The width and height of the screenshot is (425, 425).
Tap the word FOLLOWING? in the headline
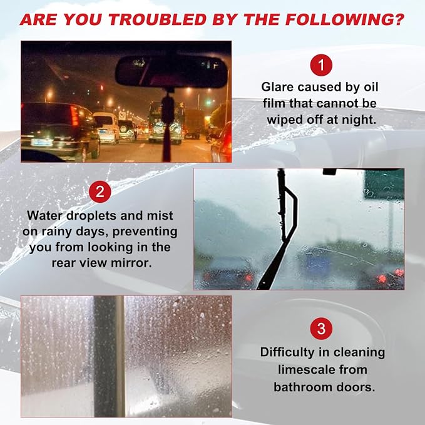[345, 19]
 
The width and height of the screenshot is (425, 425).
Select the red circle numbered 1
[321, 65]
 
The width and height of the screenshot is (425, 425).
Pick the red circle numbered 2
[100, 192]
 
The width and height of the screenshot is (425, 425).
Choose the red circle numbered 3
[321, 329]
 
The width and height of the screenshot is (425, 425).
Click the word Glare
[277, 87]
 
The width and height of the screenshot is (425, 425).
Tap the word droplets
[91, 216]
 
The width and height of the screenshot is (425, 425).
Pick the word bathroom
[303, 387]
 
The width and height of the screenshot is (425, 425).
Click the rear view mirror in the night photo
[171, 72]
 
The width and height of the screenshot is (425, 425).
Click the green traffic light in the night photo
[208, 103]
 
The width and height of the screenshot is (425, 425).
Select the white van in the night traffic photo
[106, 128]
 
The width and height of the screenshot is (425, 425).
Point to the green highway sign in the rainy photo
[384, 184]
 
